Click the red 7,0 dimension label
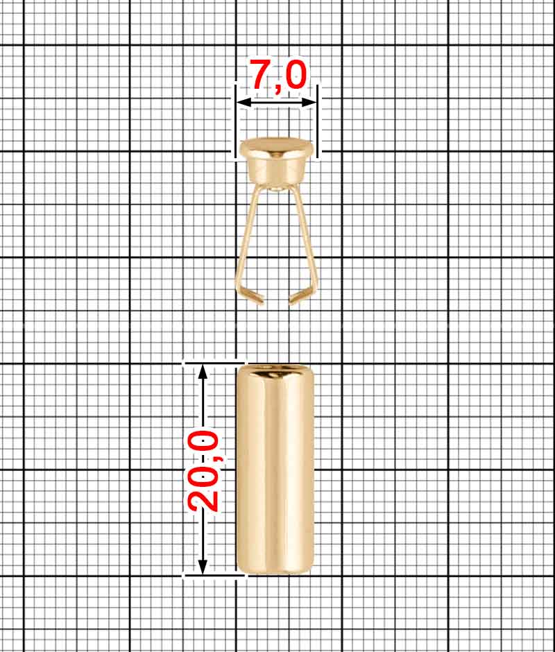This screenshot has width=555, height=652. (277, 75)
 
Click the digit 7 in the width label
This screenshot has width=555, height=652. (261, 74)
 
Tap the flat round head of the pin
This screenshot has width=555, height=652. (275, 147)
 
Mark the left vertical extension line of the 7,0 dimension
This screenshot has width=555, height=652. (236, 118)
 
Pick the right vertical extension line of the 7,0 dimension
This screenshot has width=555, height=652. (318, 118)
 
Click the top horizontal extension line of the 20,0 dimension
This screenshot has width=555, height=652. (214, 361)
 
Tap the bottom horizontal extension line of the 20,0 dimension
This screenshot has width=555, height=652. (214, 575)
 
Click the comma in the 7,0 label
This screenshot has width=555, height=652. (280, 87)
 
